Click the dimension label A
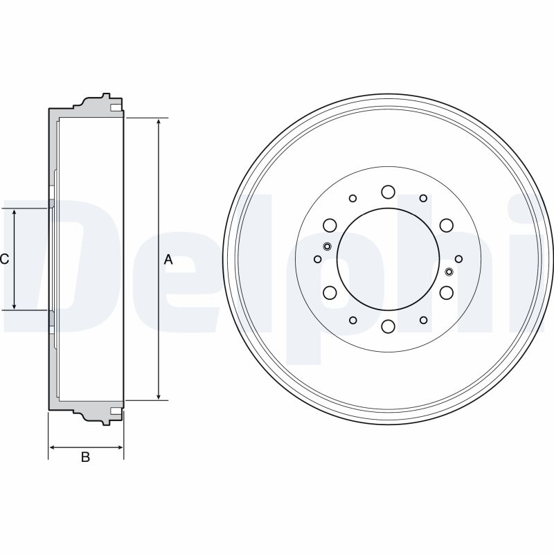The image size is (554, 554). click(168, 260)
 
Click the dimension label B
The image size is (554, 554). click(85, 457)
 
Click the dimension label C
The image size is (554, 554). click(4, 259)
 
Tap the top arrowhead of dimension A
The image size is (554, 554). click(159, 123)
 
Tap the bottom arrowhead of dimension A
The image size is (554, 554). click(159, 395)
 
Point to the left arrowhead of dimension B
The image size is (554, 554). click(53, 447)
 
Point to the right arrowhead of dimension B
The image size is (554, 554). click(119, 447)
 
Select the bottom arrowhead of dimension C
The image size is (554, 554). click(14, 305)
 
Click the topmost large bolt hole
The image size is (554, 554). click(388, 192)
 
